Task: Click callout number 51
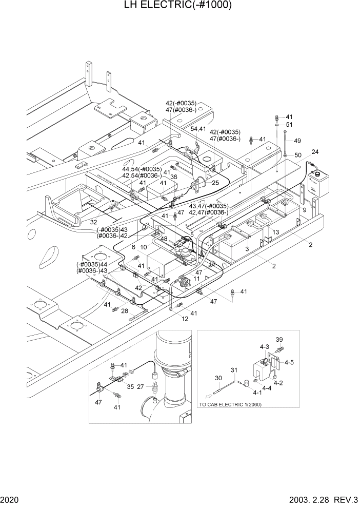pyautogui.click(x=289, y=125)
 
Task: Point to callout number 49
pyautogui.click(x=297, y=141)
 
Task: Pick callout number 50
pyautogui.click(x=297, y=155)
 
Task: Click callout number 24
pyautogui.click(x=314, y=152)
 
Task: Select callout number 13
pyautogui.click(x=275, y=232)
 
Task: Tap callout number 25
pyautogui.click(x=215, y=183)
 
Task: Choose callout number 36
pyautogui.click(x=174, y=177)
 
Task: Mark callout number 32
pyautogui.click(x=93, y=222)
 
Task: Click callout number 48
pyautogui.click(x=164, y=239)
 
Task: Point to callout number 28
pyautogui.click(x=124, y=310)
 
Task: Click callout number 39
pyautogui.click(x=279, y=340)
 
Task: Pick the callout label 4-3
pyautogui.click(x=264, y=347)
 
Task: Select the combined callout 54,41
pyautogui.click(x=198, y=129)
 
